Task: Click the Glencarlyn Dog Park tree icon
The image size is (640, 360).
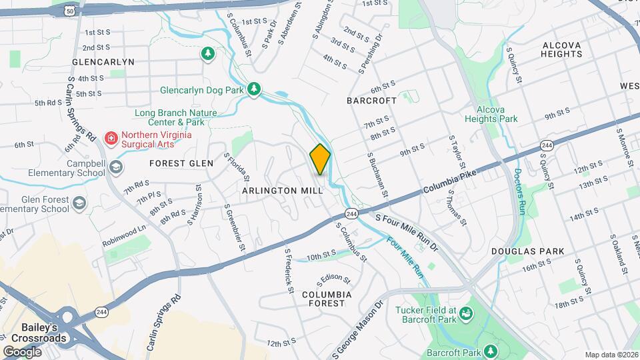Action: click(x=253, y=89)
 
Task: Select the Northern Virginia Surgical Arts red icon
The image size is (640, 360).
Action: click(x=111, y=139)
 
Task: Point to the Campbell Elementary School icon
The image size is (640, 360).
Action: click(x=117, y=166)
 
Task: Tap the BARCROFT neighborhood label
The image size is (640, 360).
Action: click(x=371, y=100)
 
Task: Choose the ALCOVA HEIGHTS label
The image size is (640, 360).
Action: click(x=562, y=51)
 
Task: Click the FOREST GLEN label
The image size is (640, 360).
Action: click(x=181, y=163)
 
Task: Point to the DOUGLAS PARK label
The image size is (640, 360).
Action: click(x=527, y=251)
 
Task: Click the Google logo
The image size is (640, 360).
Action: click(x=22, y=351)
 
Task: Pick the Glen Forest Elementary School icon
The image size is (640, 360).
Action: click(x=79, y=203)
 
